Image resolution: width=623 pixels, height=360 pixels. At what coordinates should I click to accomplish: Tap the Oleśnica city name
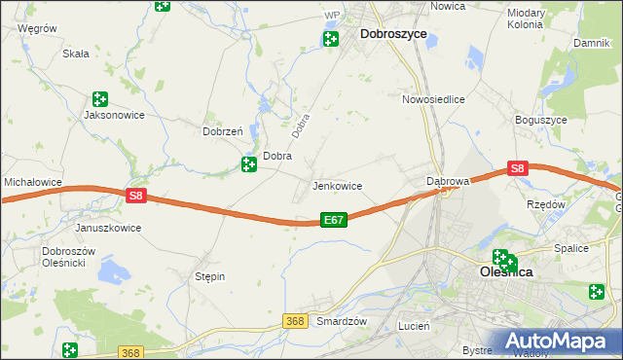506,273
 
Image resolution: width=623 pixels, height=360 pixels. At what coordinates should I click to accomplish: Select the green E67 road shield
333,221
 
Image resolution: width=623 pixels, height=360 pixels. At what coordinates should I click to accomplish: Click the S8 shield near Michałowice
135,196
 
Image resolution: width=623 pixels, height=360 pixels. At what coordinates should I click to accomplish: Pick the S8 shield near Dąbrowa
517,168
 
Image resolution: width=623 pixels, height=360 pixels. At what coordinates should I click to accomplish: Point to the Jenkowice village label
337,186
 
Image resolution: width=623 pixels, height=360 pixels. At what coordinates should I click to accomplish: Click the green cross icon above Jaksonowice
99,98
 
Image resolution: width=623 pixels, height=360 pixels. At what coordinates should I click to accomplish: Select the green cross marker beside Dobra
249,165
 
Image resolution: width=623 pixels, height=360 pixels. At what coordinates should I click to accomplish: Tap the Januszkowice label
108,228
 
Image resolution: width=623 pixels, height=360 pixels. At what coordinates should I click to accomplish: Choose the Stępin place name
210,276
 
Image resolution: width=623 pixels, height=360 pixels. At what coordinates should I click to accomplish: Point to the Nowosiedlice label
433,99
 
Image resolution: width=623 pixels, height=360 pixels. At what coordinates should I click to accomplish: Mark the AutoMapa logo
563,342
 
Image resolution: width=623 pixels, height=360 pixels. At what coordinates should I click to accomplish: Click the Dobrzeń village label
221,131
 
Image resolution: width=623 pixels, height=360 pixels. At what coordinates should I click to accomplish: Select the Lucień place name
414,327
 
